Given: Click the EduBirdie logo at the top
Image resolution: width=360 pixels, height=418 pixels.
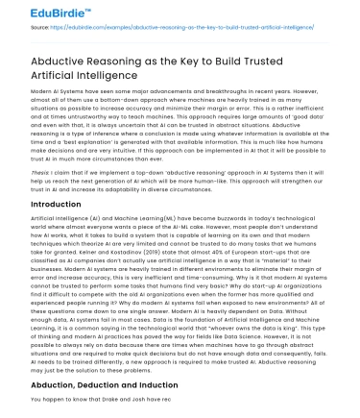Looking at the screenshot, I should click(39, 12).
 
